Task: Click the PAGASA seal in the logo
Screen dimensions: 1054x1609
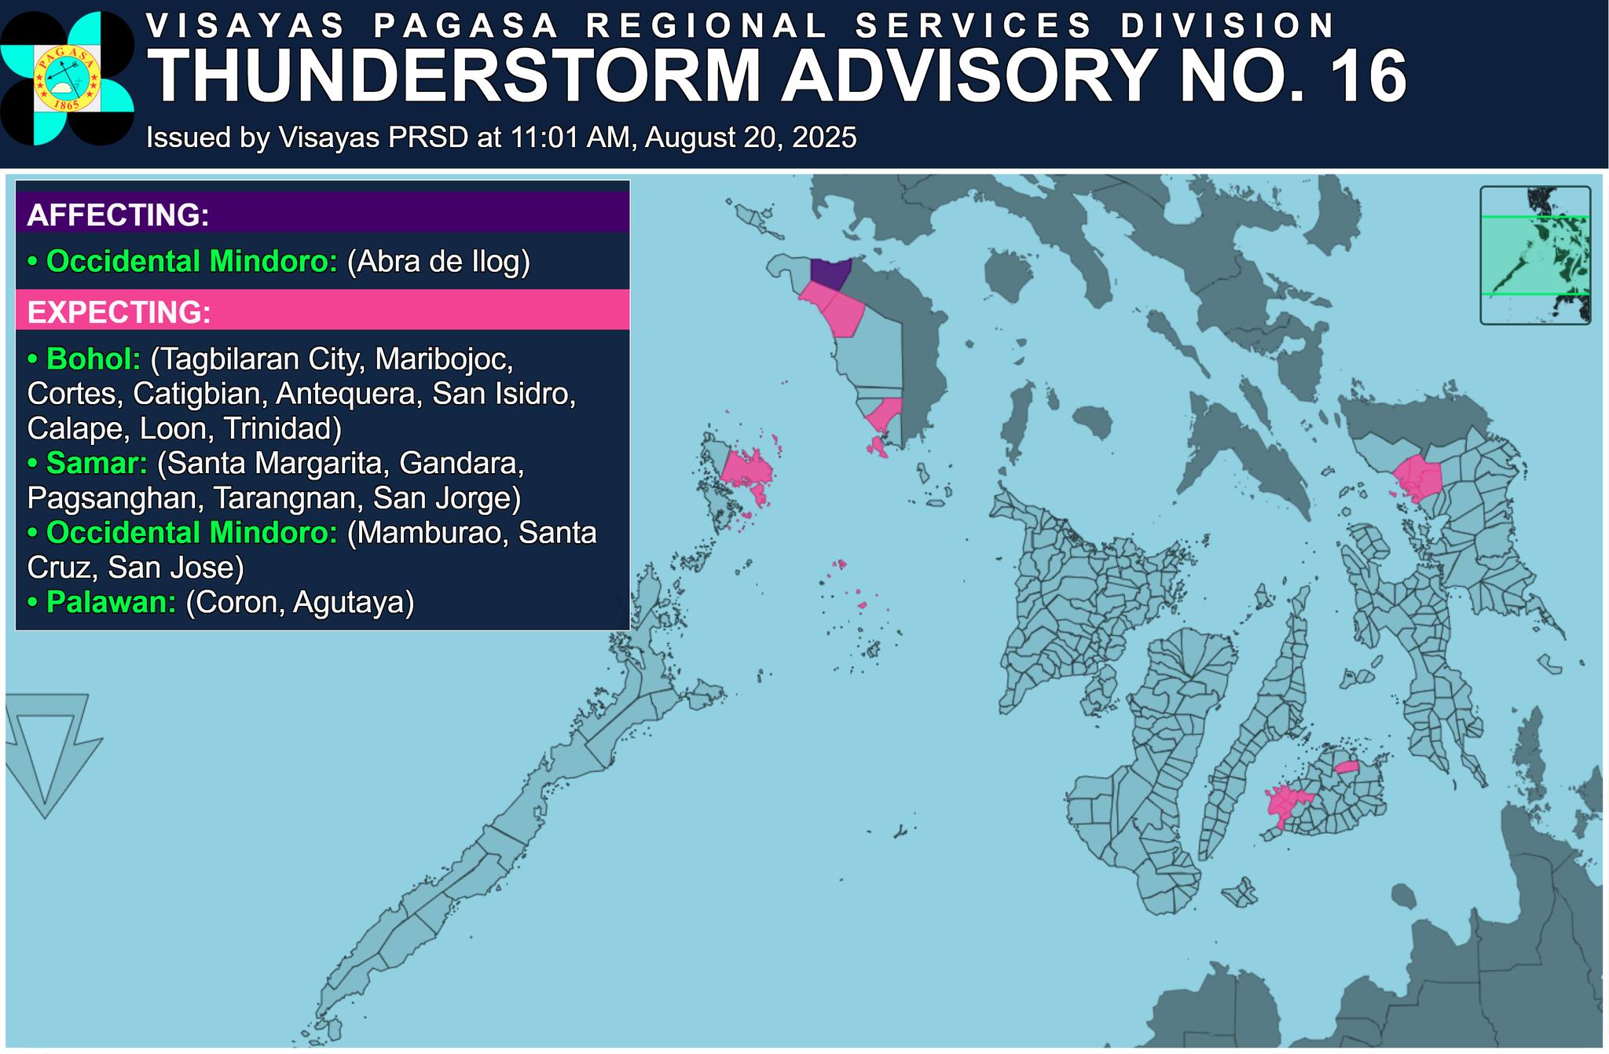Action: [x=67, y=78]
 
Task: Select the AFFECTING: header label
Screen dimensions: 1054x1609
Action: [x=118, y=215]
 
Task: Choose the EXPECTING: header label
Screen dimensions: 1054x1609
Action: [x=119, y=312]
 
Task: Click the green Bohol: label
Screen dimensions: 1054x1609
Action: [x=93, y=359]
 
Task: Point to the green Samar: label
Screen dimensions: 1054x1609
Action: [x=96, y=464]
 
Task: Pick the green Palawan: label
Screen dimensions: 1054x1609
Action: [x=110, y=602]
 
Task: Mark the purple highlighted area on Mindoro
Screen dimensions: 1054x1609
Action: [x=830, y=273]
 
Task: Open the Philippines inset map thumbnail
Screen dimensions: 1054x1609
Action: [x=1534, y=255]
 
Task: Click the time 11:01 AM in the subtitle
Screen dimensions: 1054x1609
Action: [x=570, y=138]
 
